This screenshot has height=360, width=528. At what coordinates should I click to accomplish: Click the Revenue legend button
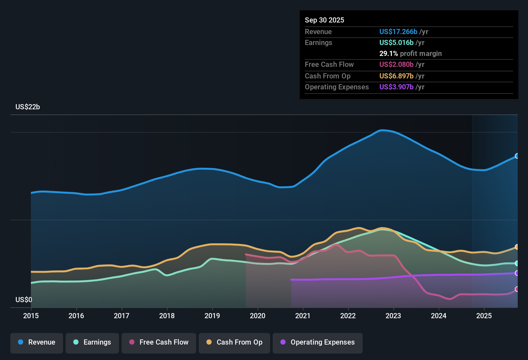click(37, 342)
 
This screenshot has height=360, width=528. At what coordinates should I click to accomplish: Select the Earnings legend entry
click(92, 342)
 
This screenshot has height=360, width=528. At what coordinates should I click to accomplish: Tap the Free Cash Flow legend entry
click(159, 342)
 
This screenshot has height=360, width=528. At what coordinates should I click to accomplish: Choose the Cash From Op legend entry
click(234, 342)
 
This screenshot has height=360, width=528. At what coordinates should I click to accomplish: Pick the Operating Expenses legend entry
click(318, 342)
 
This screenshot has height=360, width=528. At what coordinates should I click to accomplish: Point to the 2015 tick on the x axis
click(31, 316)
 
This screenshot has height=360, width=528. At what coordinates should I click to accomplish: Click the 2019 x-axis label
click(212, 316)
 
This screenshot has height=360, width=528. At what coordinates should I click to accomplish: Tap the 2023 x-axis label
click(393, 316)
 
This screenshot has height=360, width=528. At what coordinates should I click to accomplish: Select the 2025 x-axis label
click(484, 316)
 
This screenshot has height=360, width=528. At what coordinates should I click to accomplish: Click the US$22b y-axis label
click(28, 107)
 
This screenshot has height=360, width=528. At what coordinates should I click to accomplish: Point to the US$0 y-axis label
click(24, 300)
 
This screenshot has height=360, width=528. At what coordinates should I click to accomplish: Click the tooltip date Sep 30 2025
click(324, 20)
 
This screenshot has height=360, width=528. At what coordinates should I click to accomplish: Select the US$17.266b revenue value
click(398, 32)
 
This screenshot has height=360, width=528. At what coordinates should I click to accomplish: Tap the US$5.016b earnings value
click(396, 43)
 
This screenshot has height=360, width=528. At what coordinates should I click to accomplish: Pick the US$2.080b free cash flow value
click(396, 65)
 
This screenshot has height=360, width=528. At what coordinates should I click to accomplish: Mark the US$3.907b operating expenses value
click(396, 87)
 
